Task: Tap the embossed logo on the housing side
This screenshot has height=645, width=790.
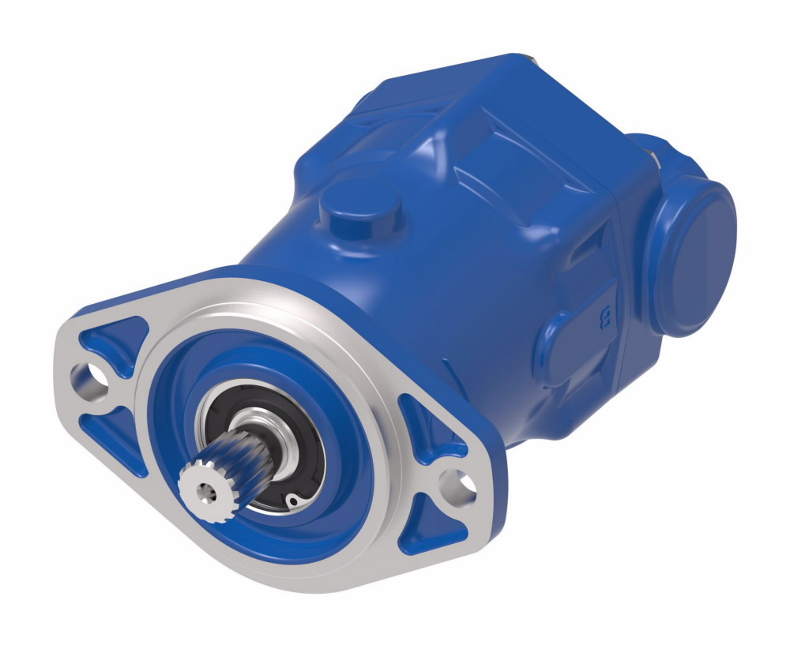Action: click(607, 319)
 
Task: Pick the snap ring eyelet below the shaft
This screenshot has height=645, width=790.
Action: click(292, 501)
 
